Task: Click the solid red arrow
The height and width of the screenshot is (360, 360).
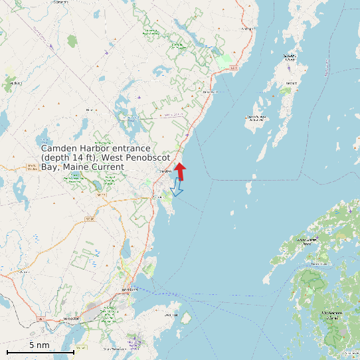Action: pyautogui.click(x=180, y=170)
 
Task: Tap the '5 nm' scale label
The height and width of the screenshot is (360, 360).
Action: pyautogui.click(x=39, y=345)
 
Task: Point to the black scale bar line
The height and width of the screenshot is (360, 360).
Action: pyautogui.click(x=40, y=351)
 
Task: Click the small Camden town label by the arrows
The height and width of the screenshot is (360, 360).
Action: pyautogui.click(x=165, y=171)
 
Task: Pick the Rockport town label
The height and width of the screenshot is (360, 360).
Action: pyautogui.click(x=157, y=197)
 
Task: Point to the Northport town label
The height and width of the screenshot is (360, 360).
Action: pyautogui.click(x=248, y=29)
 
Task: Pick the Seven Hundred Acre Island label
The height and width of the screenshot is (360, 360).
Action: pyautogui.click(x=256, y=119)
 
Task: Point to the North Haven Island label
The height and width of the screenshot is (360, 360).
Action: pyautogui.click(x=306, y=241)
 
